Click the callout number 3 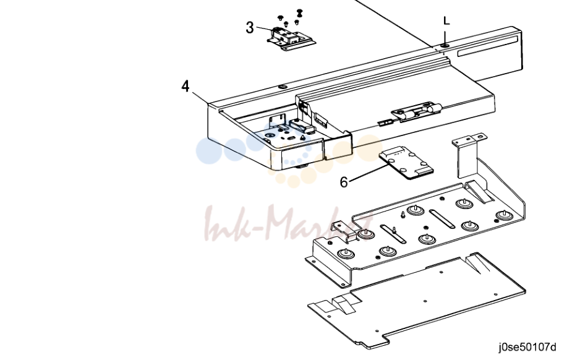coord(250,28)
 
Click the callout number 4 coord(186,86)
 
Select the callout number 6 coord(344,182)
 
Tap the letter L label coord(447,20)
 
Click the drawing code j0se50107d coord(527,348)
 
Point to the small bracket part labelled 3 coord(291,38)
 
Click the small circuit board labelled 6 coord(406,163)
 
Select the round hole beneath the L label coord(445,45)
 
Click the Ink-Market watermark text coord(289,224)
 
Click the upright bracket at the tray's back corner coord(468,155)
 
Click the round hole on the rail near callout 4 coord(283,87)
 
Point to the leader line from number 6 coord(368,174)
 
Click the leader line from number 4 coord(200,97)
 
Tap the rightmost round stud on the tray coord(503,215)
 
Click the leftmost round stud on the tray coord(346,254)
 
